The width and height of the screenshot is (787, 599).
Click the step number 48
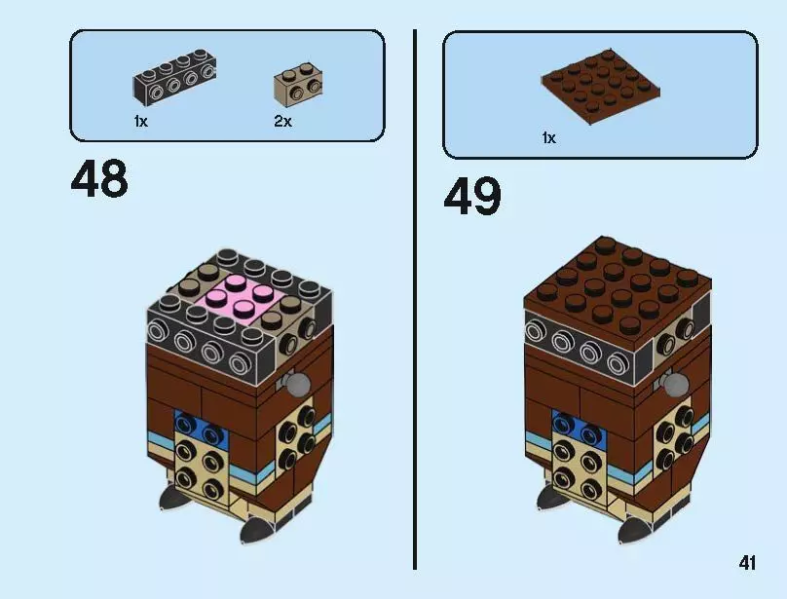[98, 179]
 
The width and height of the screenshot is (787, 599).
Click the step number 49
[472, 198]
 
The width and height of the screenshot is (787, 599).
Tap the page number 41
[747, 563]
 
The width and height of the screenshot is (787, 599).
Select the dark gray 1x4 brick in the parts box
[174, 79]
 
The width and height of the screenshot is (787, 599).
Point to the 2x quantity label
[282, 122]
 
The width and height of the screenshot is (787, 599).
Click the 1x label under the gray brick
[141, 122]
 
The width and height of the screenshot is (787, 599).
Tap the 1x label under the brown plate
[548, 138]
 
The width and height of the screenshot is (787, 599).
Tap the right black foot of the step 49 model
[631, 529]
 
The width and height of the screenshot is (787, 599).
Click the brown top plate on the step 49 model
[617, 282]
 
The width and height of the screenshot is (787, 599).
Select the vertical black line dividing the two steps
[416, 292]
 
